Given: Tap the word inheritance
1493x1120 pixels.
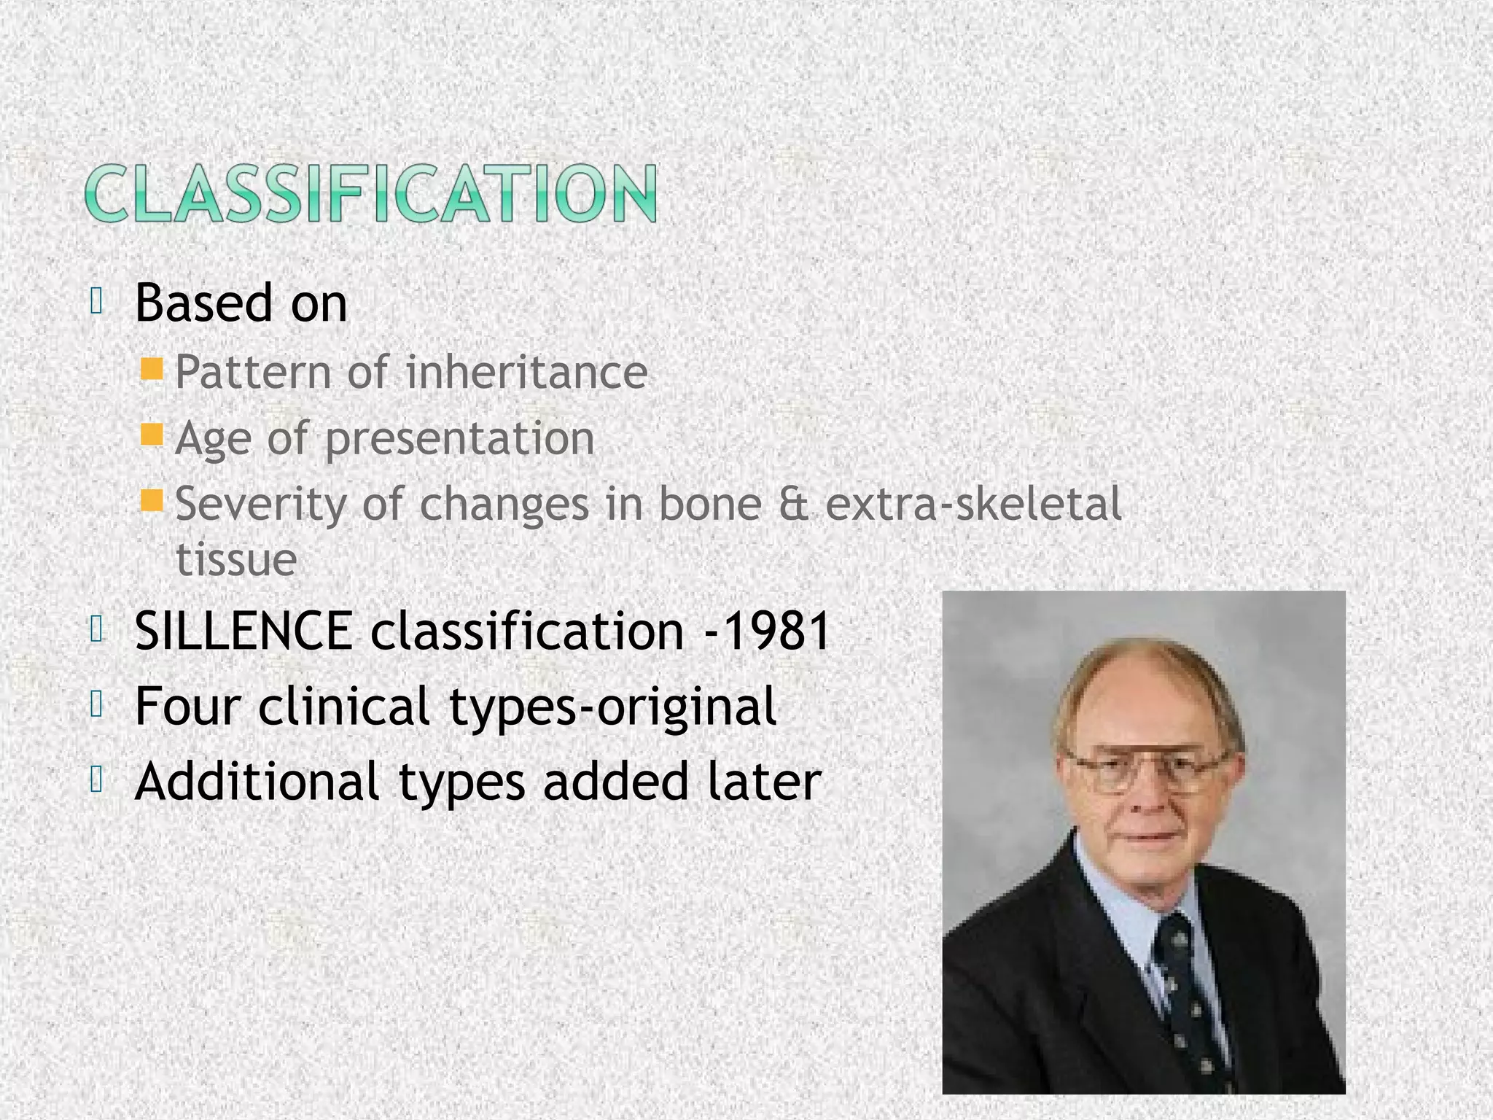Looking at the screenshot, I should pos(526,373).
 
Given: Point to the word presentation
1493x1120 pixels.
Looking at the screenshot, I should pos(459,439).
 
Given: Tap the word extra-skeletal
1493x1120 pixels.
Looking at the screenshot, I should pos(972,505).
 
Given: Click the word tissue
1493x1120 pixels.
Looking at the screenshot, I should pos(236,560).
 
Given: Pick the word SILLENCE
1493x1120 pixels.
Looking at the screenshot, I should pos(243,631).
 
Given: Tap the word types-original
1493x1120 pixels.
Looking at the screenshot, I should pos(612,707).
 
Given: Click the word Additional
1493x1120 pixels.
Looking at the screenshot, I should pos(257,782).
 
